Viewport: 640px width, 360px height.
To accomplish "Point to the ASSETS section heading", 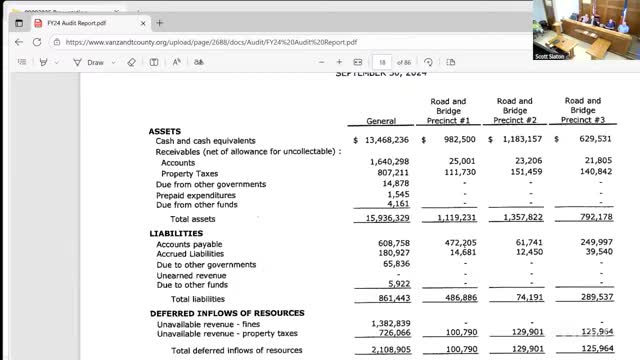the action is (165, 131).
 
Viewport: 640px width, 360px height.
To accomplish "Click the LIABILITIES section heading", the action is (175, 233).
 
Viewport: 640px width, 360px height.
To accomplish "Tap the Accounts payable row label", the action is (189, 243).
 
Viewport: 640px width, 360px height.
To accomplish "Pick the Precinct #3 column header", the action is (582, 111).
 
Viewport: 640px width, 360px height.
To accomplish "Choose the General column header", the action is (381, 121).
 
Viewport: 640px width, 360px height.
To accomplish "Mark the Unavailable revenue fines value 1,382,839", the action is (388, 323).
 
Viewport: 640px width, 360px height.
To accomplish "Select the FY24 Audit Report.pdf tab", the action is (80, 23).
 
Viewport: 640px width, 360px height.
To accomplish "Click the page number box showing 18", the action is (382, 62).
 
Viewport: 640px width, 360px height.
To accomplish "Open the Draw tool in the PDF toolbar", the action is (90, 62).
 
